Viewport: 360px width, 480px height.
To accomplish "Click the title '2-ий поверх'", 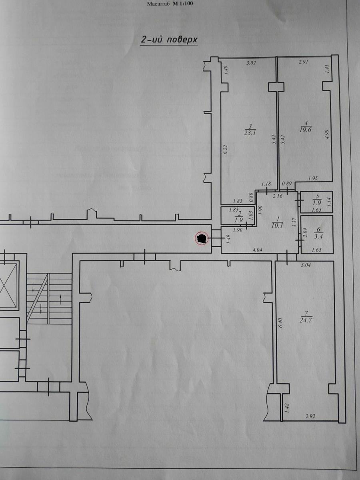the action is coord(169,40).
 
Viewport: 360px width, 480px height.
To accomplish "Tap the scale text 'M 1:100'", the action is coord(183,4).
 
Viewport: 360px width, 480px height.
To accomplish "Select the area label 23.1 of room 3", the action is coord(250,133).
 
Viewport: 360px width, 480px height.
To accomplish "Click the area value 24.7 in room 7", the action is coord(306,320).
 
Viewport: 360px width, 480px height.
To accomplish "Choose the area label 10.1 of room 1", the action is coord(278,225).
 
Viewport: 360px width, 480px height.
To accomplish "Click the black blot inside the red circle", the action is coord(202,238).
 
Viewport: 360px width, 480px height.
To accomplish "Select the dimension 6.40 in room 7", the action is coord(281,323).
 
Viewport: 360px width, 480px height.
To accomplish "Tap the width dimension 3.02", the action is coord(251,63).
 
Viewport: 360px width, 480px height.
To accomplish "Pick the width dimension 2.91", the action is coord(303,62).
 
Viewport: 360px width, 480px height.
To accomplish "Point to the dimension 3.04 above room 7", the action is coord(306,266).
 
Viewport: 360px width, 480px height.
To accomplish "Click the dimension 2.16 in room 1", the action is coord(278,196).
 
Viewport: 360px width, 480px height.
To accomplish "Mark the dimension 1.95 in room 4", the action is coord(313,178).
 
